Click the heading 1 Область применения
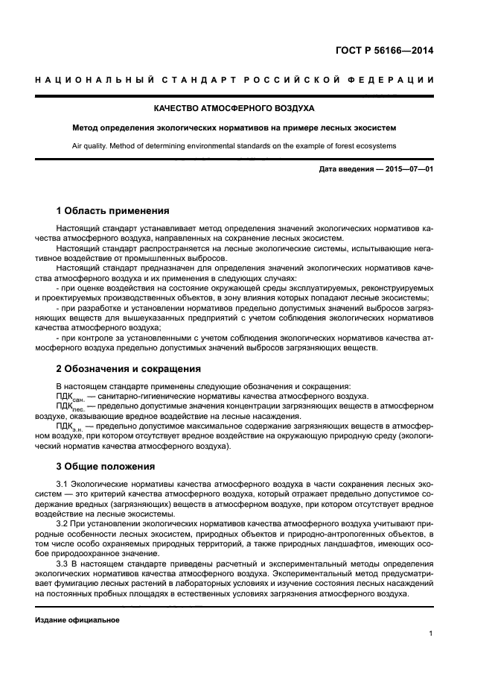(x=112, y=210)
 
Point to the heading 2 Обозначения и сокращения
(x=129, y=368)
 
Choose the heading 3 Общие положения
(x=106, y=467)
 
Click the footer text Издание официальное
(x=77, y=619)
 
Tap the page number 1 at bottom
(x=431, y=634)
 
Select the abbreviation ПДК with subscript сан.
(x=68, y=397)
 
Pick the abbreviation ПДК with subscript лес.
(x=68, y=407)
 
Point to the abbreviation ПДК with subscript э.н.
(x=68, y=426)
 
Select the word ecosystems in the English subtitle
(x=376, y=146)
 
